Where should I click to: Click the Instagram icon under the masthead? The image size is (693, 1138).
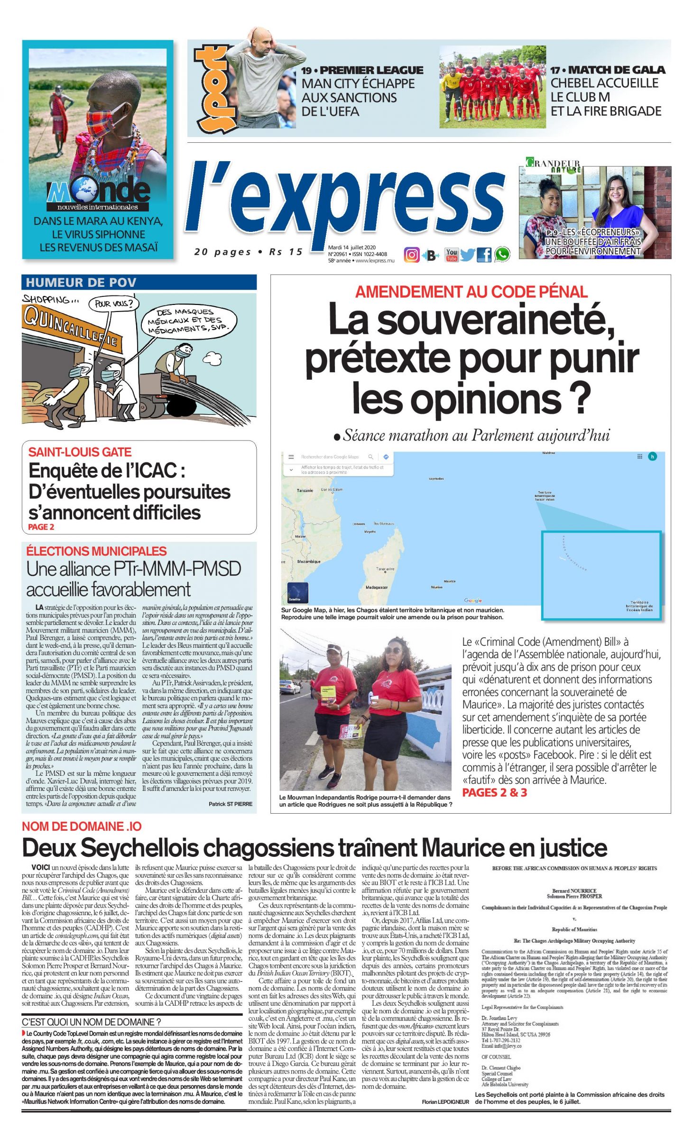tap(411, 255)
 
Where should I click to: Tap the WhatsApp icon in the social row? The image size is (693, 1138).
tap(502, 255)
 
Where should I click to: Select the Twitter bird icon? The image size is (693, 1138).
tap(467, 255)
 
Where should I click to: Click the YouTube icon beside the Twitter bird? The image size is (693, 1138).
tap(451, 255)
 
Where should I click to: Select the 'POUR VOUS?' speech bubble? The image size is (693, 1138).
tap(113, 304)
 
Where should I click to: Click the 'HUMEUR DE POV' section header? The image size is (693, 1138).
tap(81, 283)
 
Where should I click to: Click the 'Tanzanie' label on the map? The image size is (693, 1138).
tap(305, 490)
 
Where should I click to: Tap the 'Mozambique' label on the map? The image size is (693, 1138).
tap(308, 561)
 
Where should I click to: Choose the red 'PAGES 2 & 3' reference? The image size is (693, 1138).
tap(494, 792)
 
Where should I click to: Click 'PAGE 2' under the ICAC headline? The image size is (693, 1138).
tap(41, 527)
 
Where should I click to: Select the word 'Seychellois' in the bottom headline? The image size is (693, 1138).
tap(143, 848)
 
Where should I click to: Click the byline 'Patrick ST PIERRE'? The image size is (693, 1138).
tap(230, 804)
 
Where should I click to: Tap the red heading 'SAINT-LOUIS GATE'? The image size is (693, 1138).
tap(80, 452)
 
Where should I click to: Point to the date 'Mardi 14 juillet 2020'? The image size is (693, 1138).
tap(351, 248)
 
